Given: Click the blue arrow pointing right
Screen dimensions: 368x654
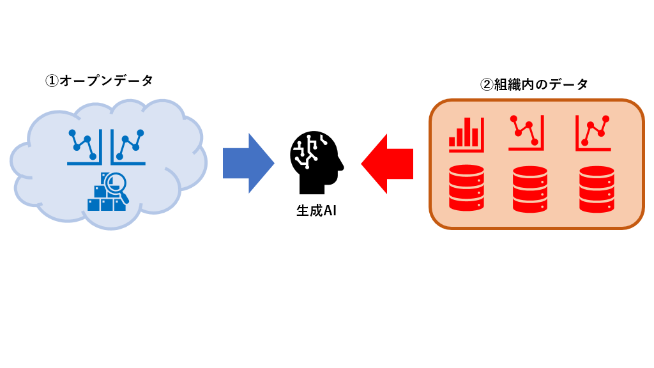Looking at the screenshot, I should tap(248, 163).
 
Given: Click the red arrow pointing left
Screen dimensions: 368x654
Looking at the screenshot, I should tap(388, 164).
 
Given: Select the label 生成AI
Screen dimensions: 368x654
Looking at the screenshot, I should tap(316, 211).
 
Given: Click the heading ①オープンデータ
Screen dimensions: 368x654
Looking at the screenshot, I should tap(99, 80).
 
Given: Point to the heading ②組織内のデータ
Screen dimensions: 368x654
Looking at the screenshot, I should tap(534, 84).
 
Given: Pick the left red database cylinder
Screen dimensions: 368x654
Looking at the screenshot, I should tap(466, 188).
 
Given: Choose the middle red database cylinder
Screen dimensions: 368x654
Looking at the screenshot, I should tap(530, 189).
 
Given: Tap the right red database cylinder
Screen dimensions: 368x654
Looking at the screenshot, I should tap(597, 189).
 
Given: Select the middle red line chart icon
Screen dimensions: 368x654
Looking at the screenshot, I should tap(526, 132).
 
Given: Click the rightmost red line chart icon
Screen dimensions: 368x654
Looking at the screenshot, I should tap(593, 133).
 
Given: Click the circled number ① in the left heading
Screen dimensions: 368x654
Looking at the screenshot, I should tap(52, 80).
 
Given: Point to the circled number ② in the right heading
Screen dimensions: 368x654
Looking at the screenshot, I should tap(487, 84).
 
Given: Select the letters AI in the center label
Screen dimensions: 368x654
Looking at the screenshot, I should tap(330, 211).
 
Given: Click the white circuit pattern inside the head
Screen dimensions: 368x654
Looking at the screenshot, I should tap(307, 152).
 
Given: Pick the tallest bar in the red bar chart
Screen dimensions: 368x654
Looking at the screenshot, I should tap(467, 132).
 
